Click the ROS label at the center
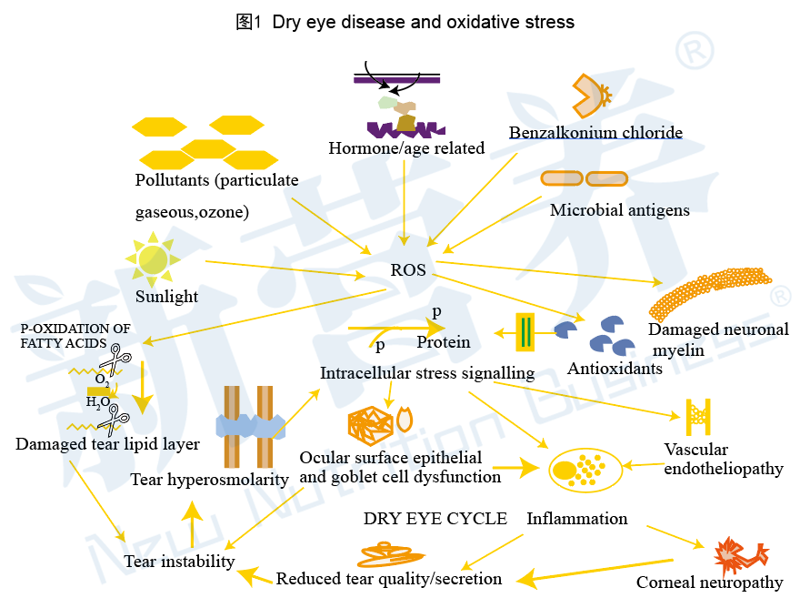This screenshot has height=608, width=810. [408, 270]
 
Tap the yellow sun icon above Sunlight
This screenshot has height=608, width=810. [153, 259]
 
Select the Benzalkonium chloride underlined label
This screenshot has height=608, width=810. [595, 132]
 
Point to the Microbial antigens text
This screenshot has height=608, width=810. [619, 210]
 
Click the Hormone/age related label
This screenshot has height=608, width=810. [406, 148]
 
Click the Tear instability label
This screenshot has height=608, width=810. [179, 561]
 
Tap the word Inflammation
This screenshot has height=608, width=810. [577, 519]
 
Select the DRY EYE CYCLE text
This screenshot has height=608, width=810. [435, 519]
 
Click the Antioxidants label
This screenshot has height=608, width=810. [615, 368]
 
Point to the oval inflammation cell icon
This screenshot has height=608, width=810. [585, 470]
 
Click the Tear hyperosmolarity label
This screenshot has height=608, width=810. [209, 480]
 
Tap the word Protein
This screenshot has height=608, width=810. [444, 342]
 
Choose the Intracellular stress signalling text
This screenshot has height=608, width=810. [427, 373]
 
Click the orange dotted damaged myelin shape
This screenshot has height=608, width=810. [710, 294]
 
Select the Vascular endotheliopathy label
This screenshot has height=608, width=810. [724, 459]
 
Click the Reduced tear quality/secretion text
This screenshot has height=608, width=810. [389, 579]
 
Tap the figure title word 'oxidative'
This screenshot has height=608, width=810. [483, 22]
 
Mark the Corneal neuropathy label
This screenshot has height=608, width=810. [710, 583]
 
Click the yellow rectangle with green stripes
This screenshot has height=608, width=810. [525, 332]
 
